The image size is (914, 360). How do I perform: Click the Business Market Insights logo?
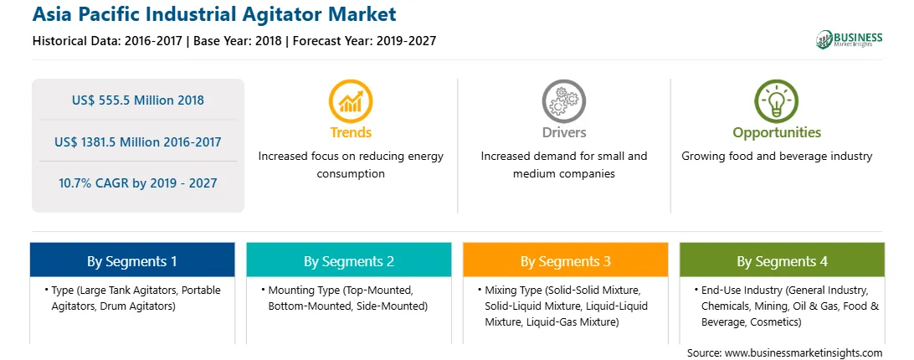tap(850, 39)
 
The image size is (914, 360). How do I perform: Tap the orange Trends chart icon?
tap(351, 101)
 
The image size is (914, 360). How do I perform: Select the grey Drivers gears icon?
tap(563, 101)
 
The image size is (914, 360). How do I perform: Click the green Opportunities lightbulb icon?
tap(777, 101)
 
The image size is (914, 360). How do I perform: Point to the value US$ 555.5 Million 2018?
tap(138, 100)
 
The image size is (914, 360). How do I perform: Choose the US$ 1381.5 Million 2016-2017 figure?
tap(138, 141)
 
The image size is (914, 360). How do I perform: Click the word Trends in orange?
tap(351, 132)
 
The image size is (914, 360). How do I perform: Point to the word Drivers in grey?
tap(564, 132)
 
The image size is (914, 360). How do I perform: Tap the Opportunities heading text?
tap(777, 133)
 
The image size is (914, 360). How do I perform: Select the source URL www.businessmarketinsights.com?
tap(804, 353)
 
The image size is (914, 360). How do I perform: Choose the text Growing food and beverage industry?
tap(777, 157)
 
